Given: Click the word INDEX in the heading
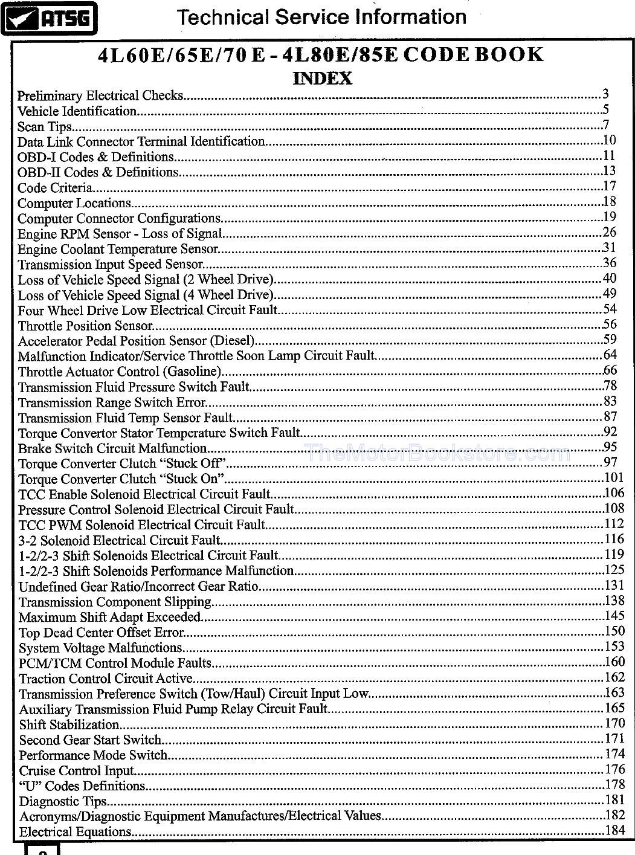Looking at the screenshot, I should [322, 79].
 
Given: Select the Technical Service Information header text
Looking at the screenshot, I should [321, 16].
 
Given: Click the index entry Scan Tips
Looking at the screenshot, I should [45, 127].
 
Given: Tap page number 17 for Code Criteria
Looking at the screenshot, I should [609, 186].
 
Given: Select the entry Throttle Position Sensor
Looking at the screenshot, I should [85, 326].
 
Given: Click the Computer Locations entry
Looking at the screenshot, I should [74, 203].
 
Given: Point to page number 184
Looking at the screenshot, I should [614, 830].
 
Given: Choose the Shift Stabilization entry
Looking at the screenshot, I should [69, 724].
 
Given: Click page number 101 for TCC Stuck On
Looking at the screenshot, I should [614, 478].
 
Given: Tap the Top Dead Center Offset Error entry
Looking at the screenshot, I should [101, 633].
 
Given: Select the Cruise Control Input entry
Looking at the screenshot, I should [76, 771].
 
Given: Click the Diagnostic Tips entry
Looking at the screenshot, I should [63, 802].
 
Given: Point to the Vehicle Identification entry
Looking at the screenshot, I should [77, 111].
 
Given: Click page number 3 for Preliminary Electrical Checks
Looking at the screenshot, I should [605, 94].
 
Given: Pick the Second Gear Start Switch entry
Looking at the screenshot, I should [90, 740].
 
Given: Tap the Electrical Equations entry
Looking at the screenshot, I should [76, 832].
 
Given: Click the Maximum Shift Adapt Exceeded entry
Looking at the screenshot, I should [109, 618].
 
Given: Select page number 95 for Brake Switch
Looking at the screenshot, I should [610, 447].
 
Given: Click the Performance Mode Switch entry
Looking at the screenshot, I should [93, 755].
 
